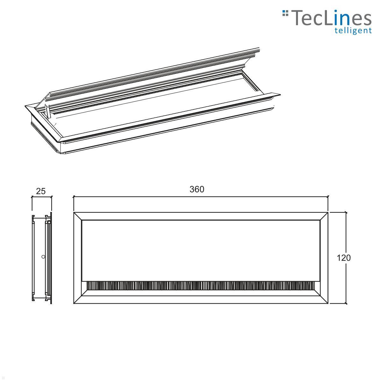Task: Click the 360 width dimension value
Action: coord(197,189)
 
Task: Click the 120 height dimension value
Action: coord(343,258)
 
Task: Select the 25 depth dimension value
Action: coord(41,191)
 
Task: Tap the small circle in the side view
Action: coord(43,257)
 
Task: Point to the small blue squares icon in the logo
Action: coord(285,13)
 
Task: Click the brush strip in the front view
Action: coord(201,286)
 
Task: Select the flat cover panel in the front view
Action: coord(201,250)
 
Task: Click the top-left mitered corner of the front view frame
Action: coord(78,216)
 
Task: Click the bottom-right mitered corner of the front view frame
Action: coord(324,300)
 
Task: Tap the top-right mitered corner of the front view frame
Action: coord(324,216)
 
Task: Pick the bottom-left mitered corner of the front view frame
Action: coord(78,300)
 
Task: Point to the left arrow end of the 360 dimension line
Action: coord(74,197)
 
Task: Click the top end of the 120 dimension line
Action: coord(346,212)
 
